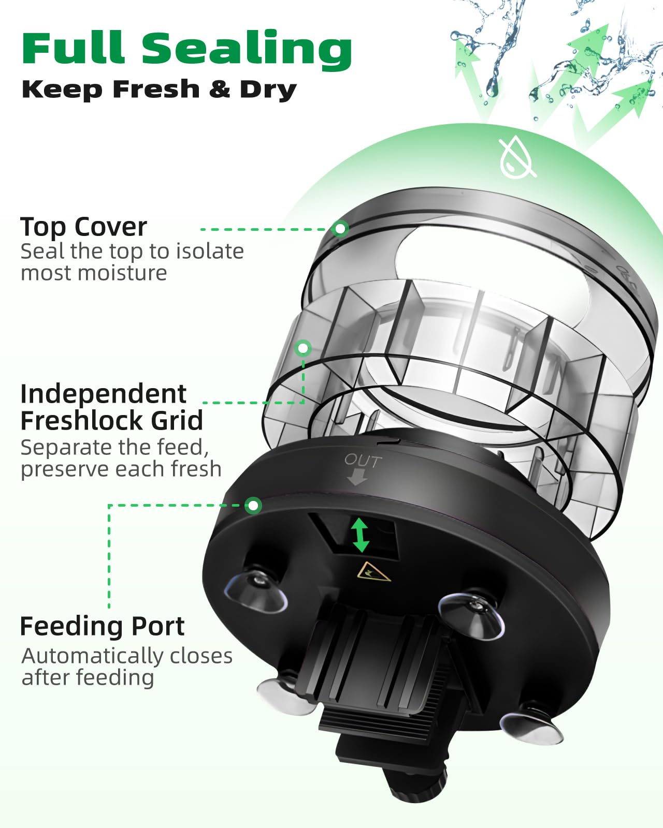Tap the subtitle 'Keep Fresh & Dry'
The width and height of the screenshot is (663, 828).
[159, 90]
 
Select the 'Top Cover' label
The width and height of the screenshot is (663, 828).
[84, 227]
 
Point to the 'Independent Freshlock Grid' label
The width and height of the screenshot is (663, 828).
[111, 407]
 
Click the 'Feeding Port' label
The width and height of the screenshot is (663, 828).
[102, 626]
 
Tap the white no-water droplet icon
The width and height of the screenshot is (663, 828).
[517, 157]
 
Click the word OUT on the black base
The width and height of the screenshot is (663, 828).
[363, 460]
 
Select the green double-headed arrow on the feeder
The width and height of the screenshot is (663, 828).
[361, 535]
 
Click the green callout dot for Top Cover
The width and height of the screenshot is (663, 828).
[340, 228]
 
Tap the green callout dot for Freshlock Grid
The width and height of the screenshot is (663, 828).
[303, 348]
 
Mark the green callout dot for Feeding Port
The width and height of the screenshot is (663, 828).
[253, 505]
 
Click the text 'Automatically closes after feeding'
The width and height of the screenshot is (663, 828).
[127, 667]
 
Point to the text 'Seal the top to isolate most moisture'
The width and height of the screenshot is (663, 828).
[132, 262]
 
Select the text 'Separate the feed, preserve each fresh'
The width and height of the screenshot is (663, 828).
[121, 458]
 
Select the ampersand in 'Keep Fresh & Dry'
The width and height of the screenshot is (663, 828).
[220, 90]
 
